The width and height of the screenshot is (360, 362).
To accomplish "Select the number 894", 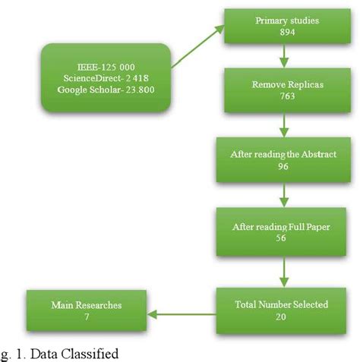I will pyautogui.click(x=283, y=33).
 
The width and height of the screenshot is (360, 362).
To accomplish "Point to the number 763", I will pyautogui.click(x=283, y=99).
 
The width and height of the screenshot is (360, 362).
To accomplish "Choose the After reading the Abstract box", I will pyautogui.click(x=283, y=159).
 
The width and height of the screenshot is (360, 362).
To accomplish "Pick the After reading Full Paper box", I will pyautogui.click(x=283, y=232).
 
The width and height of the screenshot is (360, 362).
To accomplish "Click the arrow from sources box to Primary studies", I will pyautogui.click(x=198, y=47).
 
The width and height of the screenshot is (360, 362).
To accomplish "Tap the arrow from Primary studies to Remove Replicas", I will pyautogui.click(x=283, y=57).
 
